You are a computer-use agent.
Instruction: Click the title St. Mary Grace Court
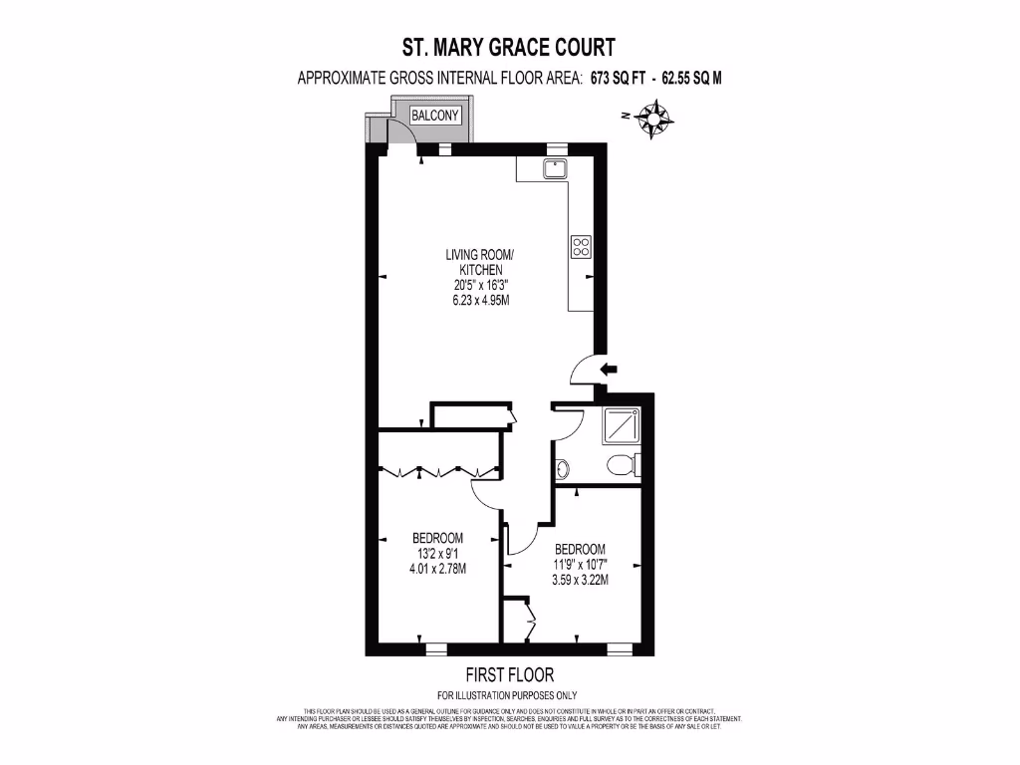(x=508, y=47)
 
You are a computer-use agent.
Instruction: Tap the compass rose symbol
(x=652, y=121)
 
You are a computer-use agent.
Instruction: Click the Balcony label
(x=435, y=116)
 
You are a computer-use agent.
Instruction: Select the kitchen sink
(x=555, y=169)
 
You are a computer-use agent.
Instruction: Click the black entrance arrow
(x=608, y=370)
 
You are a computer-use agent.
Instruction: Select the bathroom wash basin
(x=561, y=467)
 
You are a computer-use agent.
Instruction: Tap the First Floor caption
(x=509, y=674)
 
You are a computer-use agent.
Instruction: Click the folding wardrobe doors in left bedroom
(x=436, y=471)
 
